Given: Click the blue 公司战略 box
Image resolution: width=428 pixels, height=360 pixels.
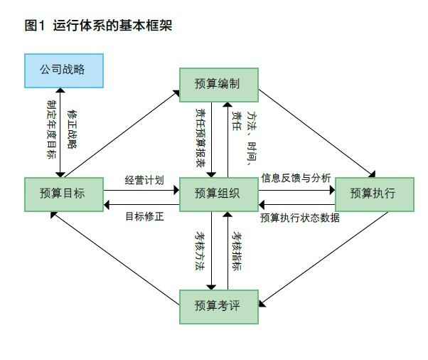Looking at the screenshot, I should [x=63, y=70].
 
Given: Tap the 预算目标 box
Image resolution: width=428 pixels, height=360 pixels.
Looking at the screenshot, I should [x=63, y=193].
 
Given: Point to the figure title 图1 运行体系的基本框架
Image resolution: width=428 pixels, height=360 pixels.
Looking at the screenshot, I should [x=98, y=26].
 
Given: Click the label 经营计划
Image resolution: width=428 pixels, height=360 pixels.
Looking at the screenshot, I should [x=144, y=179].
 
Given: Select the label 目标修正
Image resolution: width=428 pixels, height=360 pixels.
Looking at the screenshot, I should [x=144, y=216].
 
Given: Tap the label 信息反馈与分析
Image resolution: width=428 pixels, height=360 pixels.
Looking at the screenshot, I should [x=295, y=178].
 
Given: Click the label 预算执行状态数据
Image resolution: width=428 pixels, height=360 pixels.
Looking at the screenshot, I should [x=299, y=218].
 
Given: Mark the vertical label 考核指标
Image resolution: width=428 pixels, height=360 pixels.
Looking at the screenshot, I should [x=238, y=250].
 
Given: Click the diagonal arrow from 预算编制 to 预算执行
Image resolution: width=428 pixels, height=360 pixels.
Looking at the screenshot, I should [x=314, y=130].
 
